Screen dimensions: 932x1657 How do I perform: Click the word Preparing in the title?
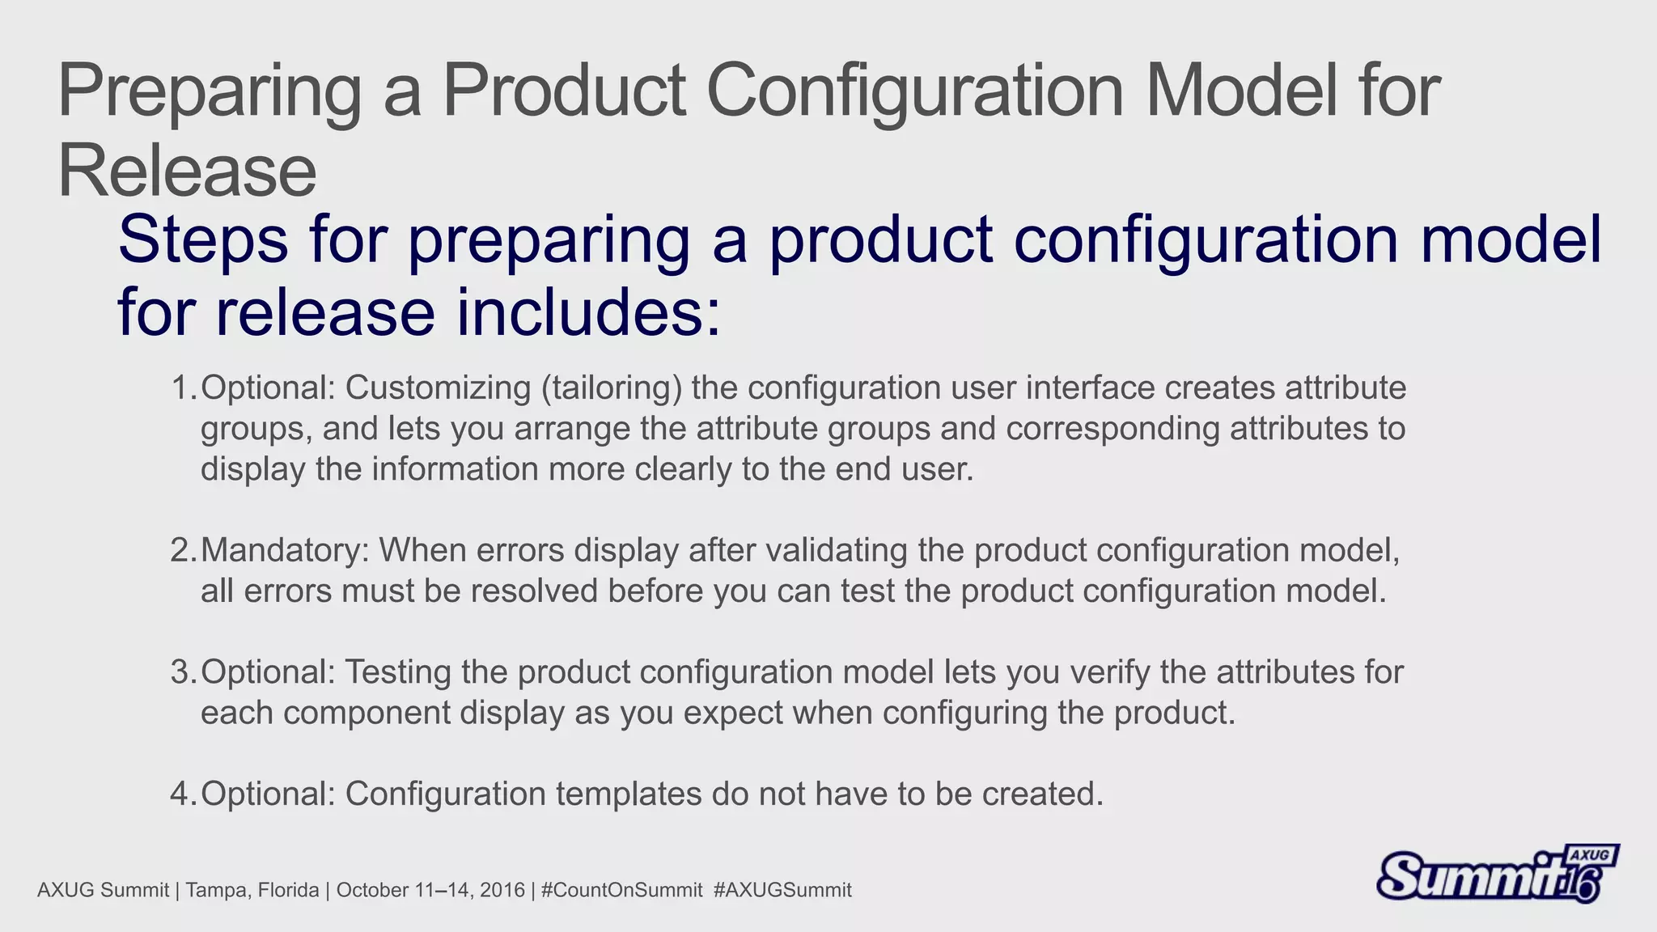209,93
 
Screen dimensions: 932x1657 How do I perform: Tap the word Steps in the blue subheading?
202,240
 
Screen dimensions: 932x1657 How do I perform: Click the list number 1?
181,388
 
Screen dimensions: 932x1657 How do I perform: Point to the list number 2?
181,551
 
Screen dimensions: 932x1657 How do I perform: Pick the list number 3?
181,672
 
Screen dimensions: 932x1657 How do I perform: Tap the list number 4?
181,794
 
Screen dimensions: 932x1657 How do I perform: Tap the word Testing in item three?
398,672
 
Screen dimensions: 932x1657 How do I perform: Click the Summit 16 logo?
1497,874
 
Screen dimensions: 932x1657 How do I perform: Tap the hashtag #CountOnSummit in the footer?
621,891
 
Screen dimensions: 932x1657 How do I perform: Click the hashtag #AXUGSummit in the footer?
782,891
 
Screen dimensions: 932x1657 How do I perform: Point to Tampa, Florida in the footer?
252,891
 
